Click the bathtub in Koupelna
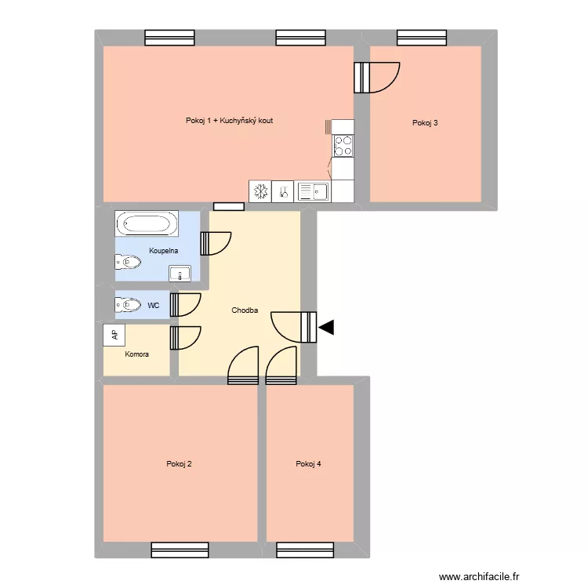[146, 224]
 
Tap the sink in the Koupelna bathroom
[180, 274]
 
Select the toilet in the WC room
[128, 304]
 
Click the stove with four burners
[343, 145]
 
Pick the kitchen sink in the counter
[314, 191]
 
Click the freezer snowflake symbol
[260, 191]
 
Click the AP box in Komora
[114, 335]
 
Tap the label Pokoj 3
[425, 122]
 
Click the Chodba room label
[245, 310]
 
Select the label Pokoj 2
[180, 464]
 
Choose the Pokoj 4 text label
[309, 464]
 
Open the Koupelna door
[215, 243]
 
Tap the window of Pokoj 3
[419, 37]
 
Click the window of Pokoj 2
[180, 550]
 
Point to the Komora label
[137, 354]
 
